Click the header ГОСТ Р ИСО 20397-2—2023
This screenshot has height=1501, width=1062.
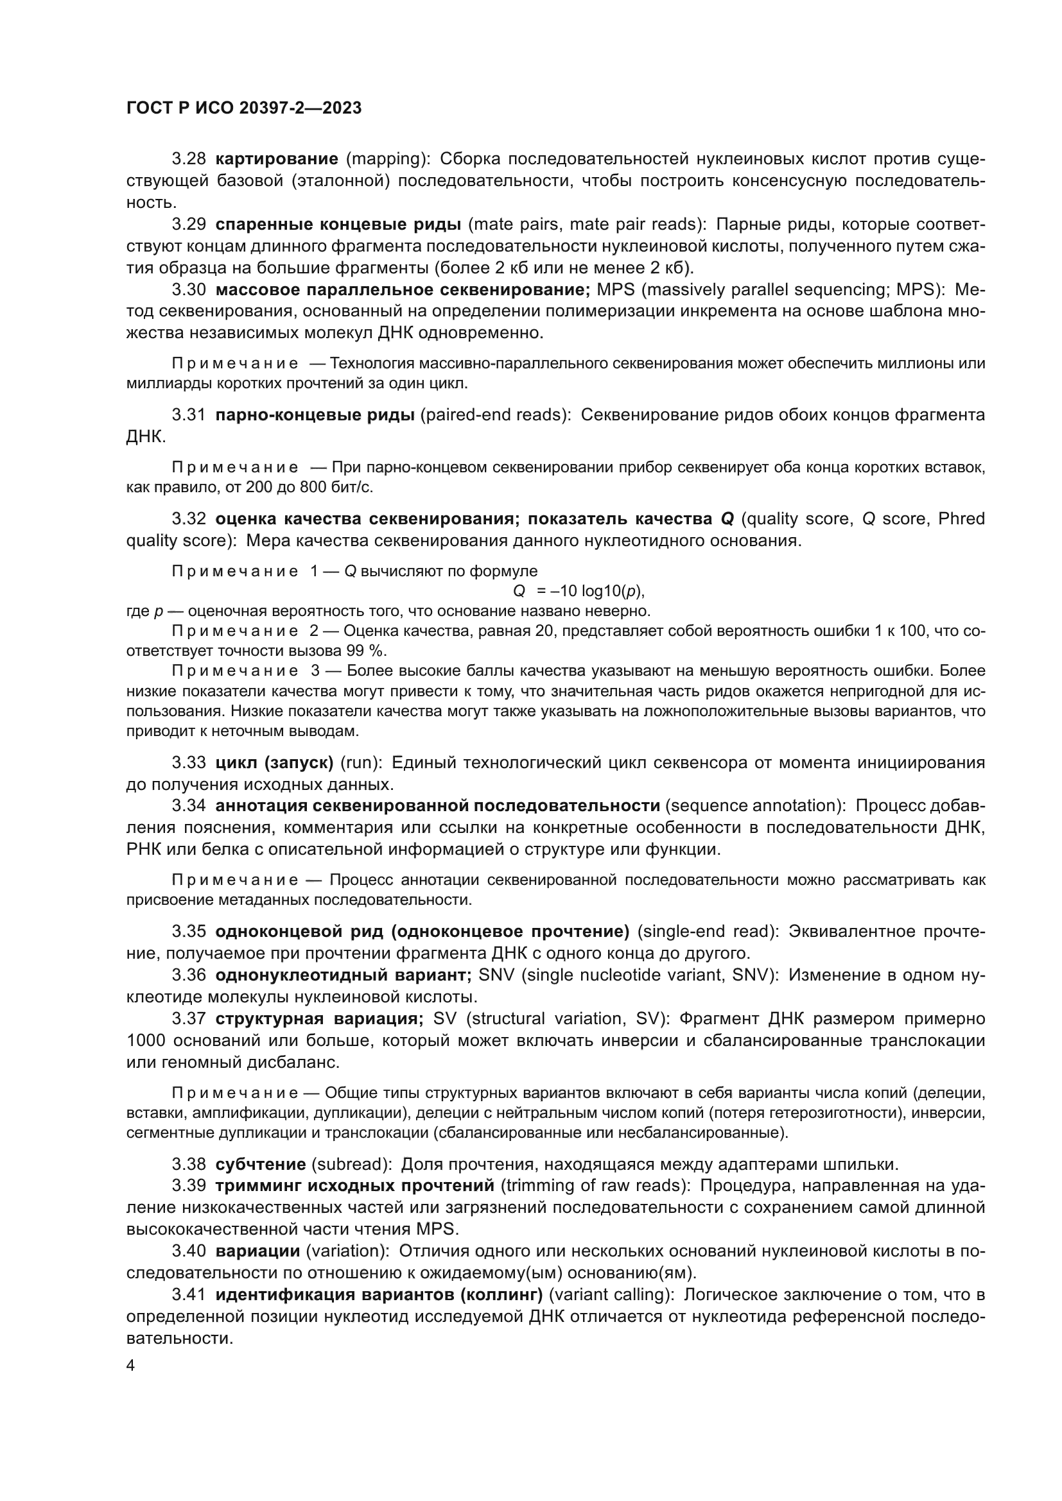[243, 108]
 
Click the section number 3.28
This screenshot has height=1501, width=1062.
[188, 159]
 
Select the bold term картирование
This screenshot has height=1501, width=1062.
[277, 159]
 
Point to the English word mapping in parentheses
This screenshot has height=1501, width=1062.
[386, 159]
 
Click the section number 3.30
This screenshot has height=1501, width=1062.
[188, 289]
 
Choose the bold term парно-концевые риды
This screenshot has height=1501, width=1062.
[315, 415]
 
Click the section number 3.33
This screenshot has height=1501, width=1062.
[188, 762]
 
